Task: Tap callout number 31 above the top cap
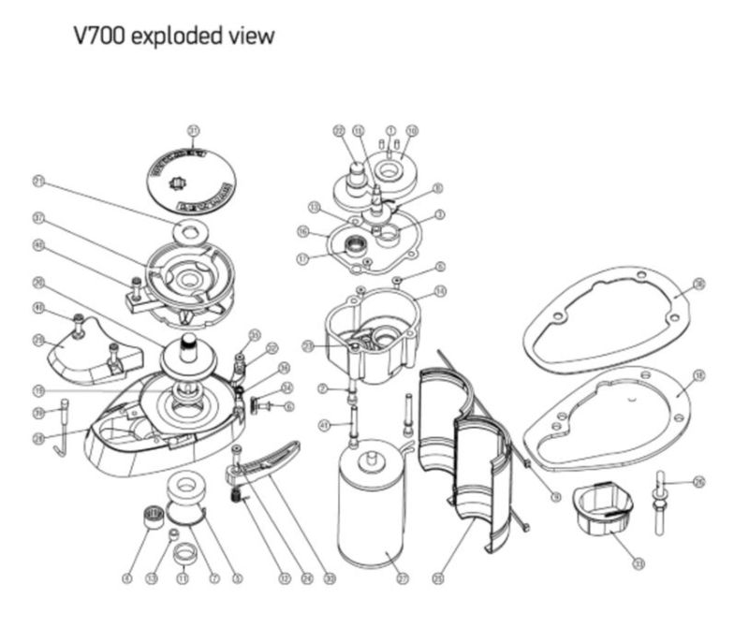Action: click(194, 129)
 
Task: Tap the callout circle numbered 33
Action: click(638, 564)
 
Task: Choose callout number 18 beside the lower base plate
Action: click(698, 375)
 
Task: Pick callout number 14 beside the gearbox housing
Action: click(441, 292)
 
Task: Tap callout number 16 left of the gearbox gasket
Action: click(302, 230)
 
